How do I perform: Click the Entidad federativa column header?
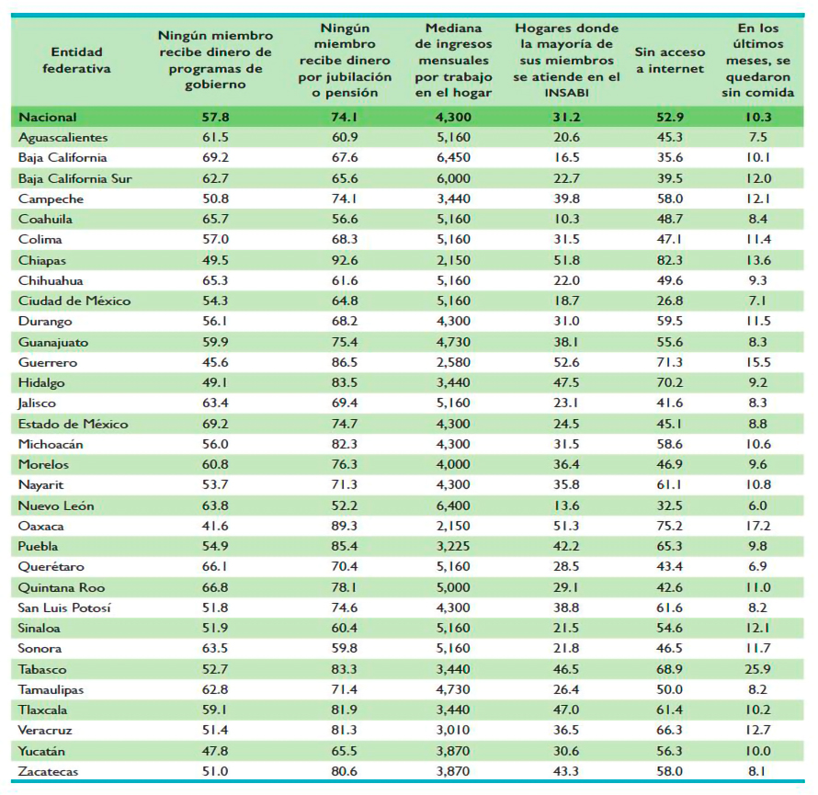coord(76,60)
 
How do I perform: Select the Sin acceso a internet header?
coord(670,60)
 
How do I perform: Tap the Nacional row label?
coord(48,117)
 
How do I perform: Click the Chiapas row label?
coord(41,260)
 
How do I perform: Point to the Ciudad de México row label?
coord(74,301)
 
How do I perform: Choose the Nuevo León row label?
coord(56,505)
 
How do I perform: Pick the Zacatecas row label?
coord(48,771)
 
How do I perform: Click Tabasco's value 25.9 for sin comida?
coord(758,669)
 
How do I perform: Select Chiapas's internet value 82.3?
coord(670,260)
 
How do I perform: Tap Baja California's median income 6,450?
coord(453,157)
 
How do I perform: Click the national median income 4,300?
coord(453,117)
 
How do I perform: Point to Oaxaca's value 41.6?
coord(215,526)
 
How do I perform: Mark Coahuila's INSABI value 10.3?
coord(566,219)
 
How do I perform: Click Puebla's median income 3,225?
coord(453,546)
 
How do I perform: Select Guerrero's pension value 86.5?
coord(345,362)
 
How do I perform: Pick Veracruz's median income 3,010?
coord(453,731)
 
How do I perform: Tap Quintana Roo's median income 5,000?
coord(453,587)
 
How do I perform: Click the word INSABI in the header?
coord(566,93)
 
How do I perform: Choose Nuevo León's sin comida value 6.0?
coord(758,505)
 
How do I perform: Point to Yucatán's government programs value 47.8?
coord(215,751)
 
